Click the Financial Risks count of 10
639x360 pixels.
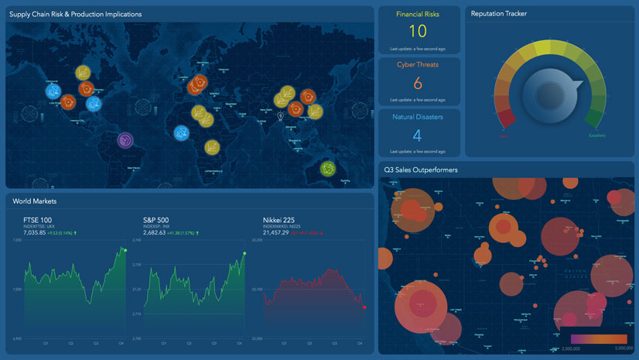[418, 31]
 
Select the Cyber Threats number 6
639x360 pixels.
[418, 83]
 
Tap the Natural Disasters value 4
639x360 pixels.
[418, 135]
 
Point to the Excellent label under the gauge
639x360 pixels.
[596, 135]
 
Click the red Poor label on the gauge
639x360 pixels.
[504, 135]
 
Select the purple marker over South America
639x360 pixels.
[125, 141]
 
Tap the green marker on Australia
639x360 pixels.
[328, 168]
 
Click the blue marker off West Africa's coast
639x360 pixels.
[182, 133]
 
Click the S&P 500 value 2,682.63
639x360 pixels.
[160, 232]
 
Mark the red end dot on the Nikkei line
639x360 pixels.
[364, 307]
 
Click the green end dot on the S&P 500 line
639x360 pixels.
[244, 253]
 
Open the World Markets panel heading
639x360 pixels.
[35, 201]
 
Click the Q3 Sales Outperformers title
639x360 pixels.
[420, 169]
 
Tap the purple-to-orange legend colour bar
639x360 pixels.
[599, 338]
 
